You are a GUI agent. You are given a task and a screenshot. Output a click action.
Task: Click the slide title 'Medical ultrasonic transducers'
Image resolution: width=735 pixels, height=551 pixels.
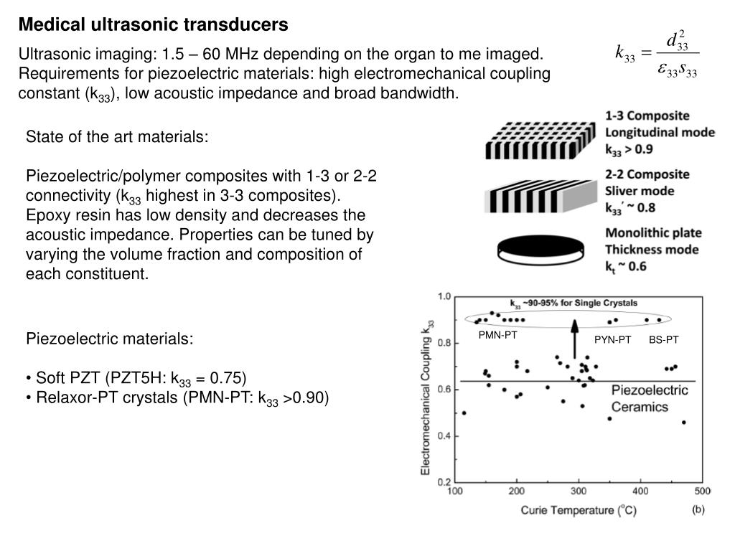click(153, 24)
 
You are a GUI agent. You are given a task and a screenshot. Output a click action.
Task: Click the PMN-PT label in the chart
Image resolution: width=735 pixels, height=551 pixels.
click(498, 334)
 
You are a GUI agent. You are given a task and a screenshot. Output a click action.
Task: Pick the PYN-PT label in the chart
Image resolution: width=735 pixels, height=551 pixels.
click(612, 339)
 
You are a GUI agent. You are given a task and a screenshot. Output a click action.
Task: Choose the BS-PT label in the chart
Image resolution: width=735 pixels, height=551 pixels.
click(663, 339)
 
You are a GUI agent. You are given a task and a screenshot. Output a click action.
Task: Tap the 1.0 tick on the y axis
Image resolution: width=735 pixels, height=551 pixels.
click(444, 296)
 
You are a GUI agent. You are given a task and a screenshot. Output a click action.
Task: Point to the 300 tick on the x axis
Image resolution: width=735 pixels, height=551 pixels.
click(579, 491)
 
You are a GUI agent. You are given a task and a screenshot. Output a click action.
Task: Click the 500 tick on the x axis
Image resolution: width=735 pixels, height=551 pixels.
click(701, 491)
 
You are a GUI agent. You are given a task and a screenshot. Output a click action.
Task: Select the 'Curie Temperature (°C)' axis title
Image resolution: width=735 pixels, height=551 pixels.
click(579, 510)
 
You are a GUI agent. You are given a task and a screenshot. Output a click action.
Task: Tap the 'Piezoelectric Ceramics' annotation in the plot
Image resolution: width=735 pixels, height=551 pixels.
click(649, 399)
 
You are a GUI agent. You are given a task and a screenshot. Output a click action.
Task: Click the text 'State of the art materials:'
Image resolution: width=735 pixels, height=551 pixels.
click(117, 136)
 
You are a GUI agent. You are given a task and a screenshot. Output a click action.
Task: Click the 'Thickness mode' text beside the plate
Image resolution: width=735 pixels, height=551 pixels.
click(652, 250)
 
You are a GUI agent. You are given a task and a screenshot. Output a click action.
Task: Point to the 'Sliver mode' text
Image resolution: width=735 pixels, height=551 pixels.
click(640, 191)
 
